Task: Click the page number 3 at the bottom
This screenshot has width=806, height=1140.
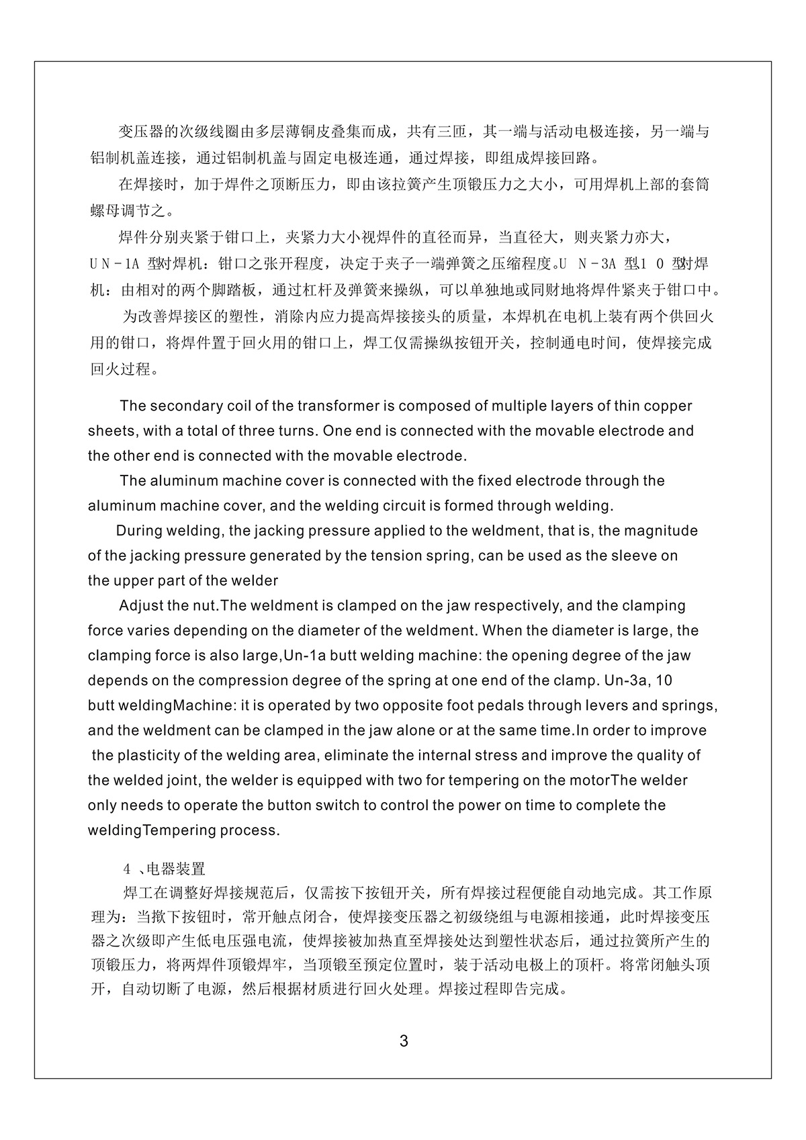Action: [x=403, y=1042]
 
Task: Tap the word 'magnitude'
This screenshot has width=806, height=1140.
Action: [x=661, y=531]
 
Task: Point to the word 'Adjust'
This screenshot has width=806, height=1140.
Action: [x=141, y=605]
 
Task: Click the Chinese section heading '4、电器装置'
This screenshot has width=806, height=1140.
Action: [x=165, y=869]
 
